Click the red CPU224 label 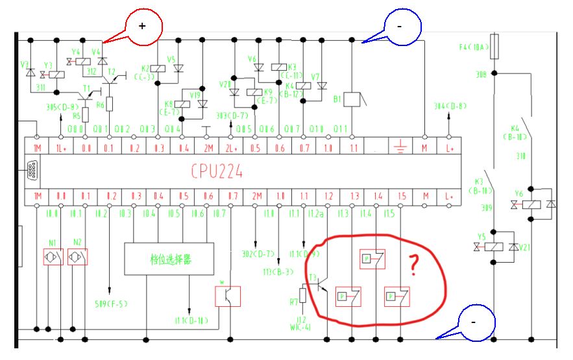[217, 171]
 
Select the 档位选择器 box [170, 259]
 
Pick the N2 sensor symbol [77, 257]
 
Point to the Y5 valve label [482, 237]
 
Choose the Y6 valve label [519, 193]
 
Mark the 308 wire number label [482, 75]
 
